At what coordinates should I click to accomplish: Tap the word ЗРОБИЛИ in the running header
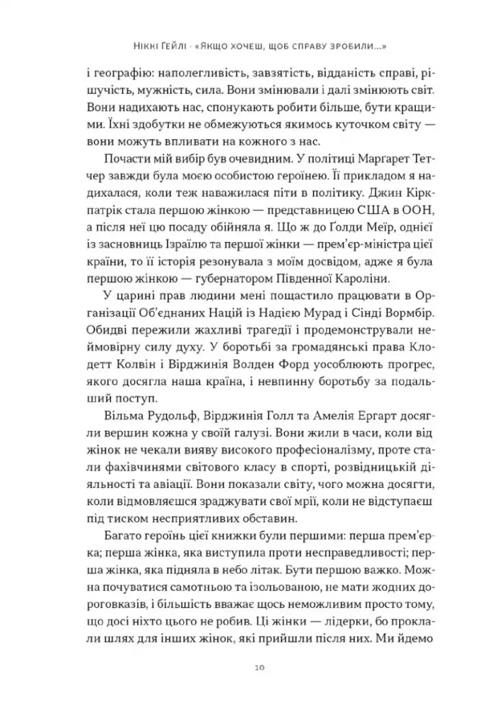tap(356, 47)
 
